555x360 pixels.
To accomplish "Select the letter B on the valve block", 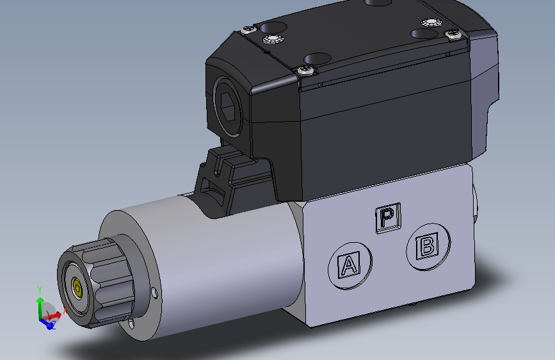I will point(427,245).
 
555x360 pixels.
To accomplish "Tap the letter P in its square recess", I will point(387,218).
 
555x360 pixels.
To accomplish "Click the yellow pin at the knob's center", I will point(77,290).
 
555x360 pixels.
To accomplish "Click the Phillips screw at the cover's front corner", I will point(307,70).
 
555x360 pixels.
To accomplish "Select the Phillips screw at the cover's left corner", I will point(247,28).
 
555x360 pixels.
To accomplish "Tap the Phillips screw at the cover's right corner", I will point(453,33).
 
